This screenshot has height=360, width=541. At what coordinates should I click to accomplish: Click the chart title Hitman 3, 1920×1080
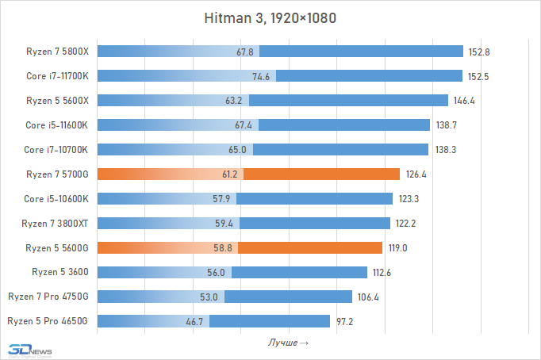[270, 18]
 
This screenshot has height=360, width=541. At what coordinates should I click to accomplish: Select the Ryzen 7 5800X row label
[57, 52]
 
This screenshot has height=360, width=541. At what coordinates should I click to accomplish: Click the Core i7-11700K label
[57, 76]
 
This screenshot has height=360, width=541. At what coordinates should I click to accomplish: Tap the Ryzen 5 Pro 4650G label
[47, 320]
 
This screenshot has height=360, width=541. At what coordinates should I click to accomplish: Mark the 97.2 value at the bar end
[346, 320]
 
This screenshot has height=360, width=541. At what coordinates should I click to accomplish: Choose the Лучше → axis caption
[288, 343]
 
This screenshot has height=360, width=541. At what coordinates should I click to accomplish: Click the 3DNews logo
[27, 350]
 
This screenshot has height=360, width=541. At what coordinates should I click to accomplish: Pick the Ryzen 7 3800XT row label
[56, 223]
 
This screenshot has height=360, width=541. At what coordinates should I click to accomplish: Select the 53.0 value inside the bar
[211, 297]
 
